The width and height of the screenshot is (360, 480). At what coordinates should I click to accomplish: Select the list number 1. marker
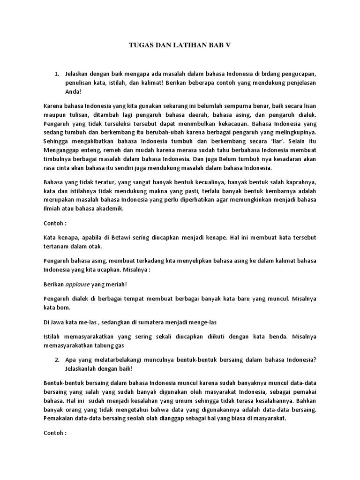click(x=57, y=75)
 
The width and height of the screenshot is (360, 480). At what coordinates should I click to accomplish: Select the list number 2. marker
click(x=57, y=360)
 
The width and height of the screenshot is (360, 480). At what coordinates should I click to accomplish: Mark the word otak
click(x=94, y=246)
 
